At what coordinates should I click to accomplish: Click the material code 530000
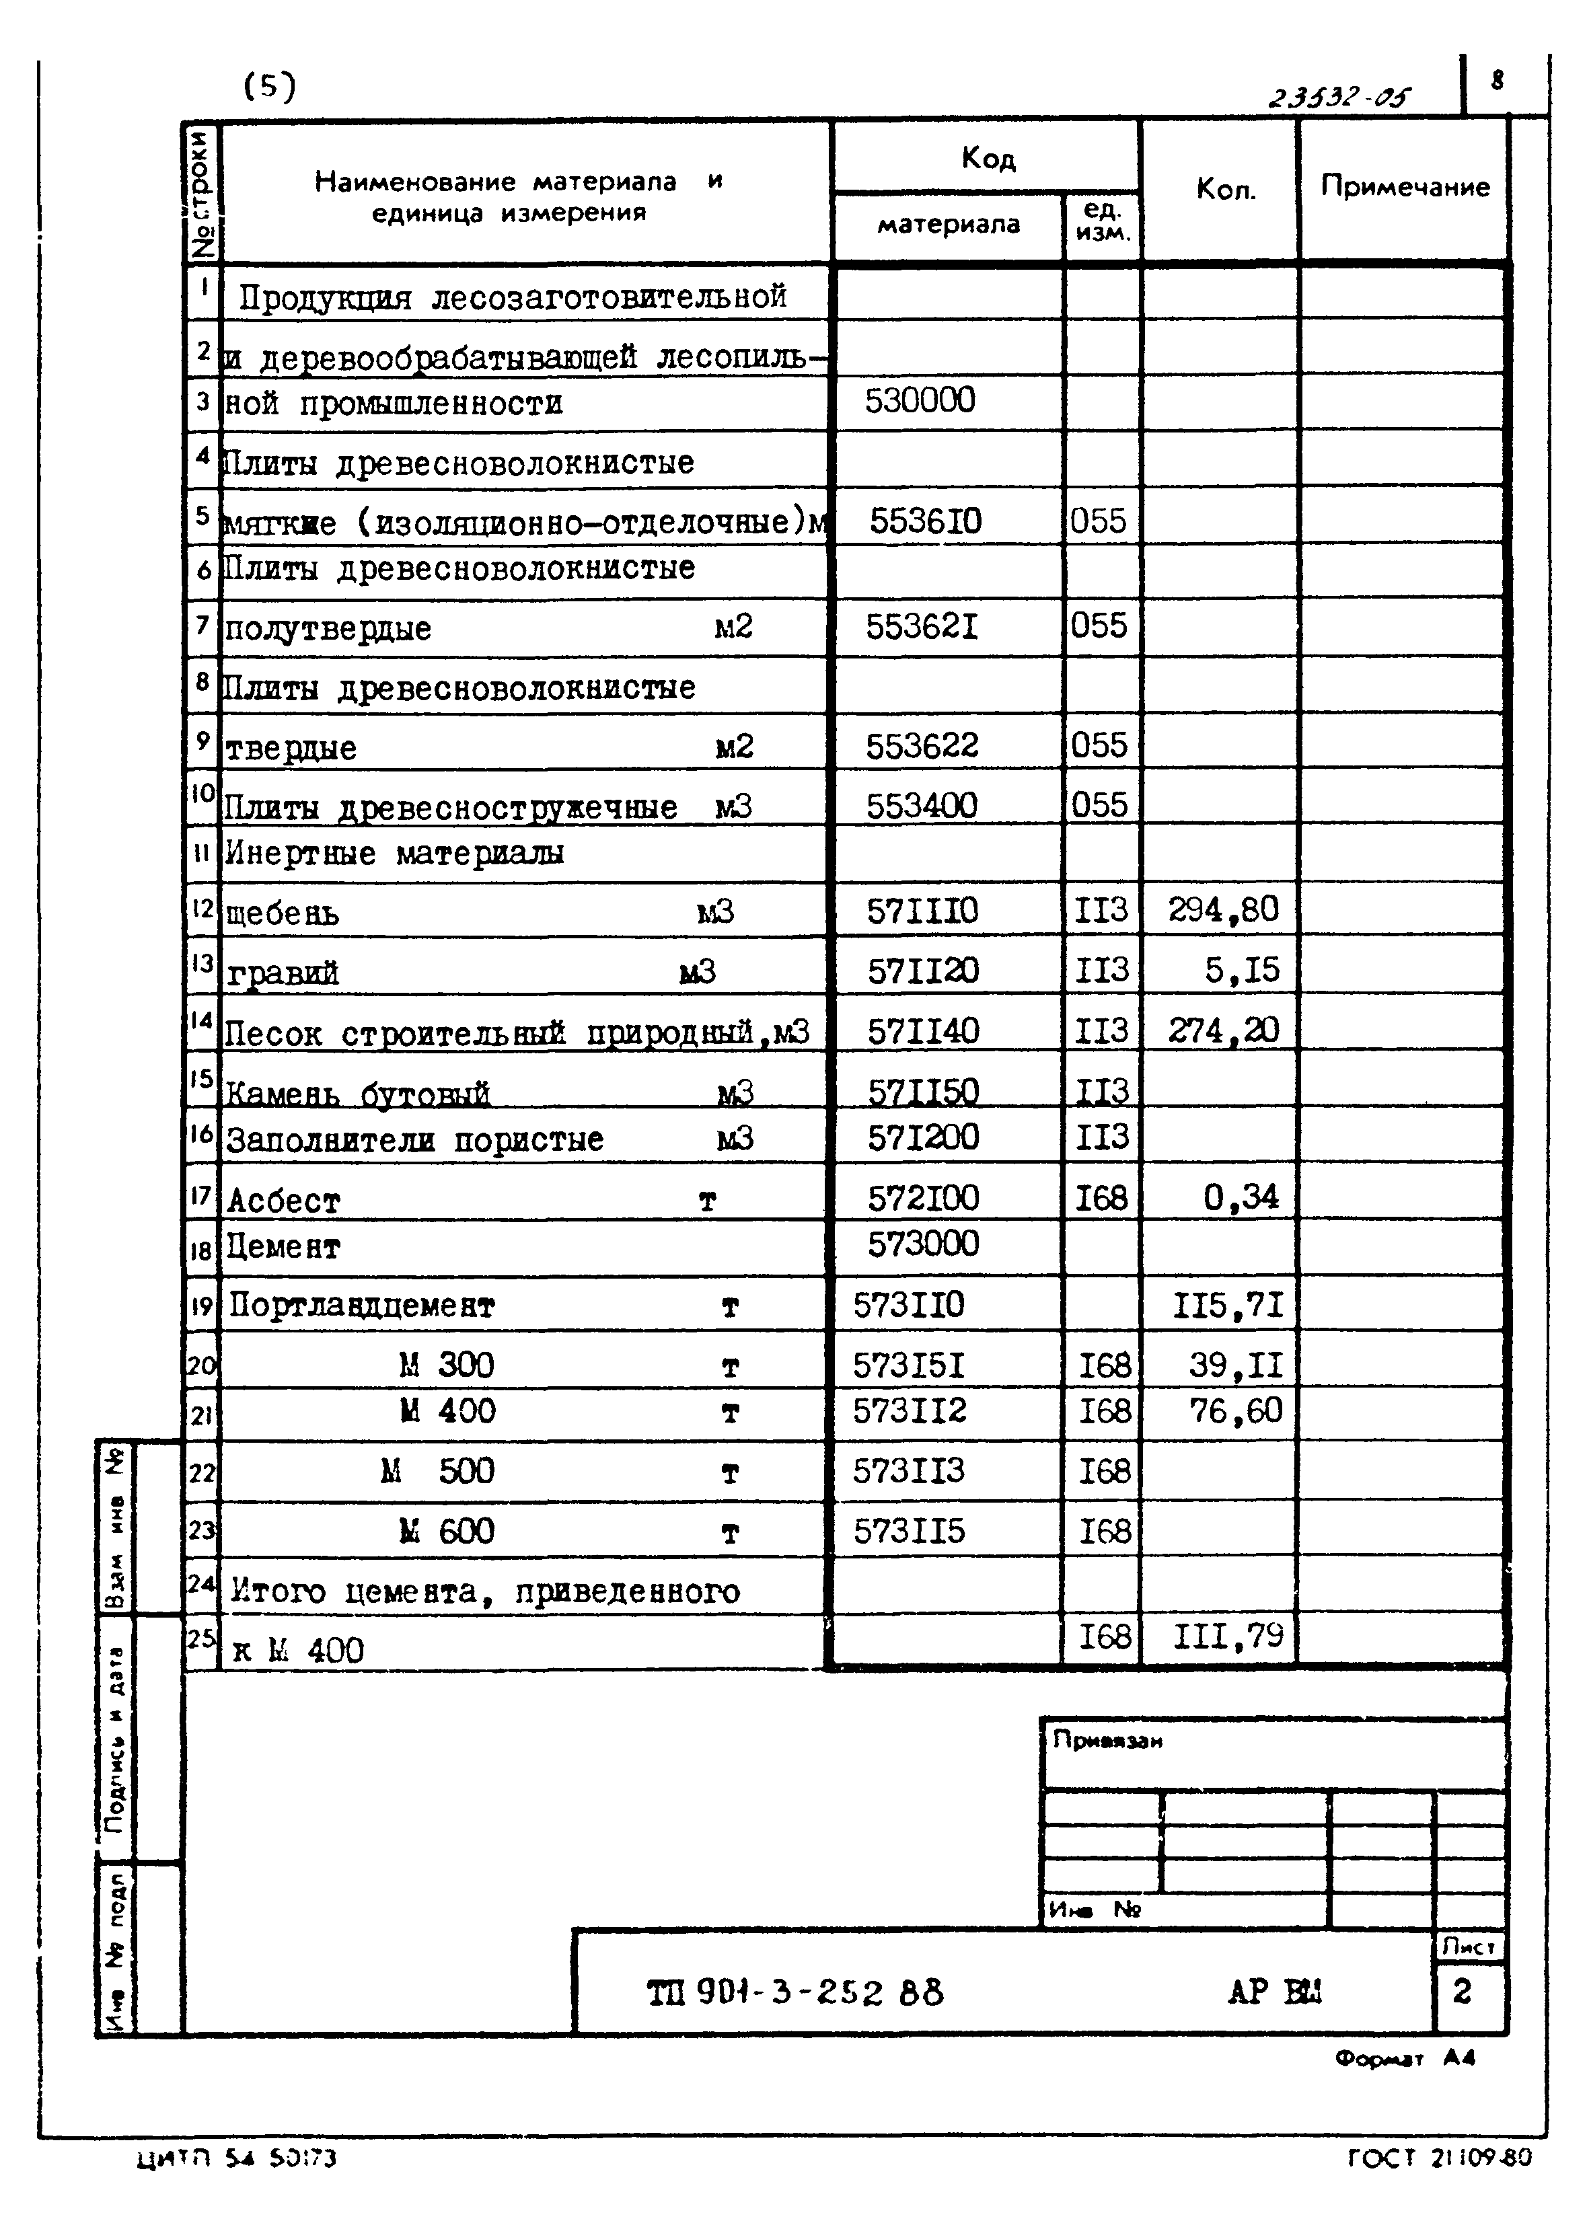coord(920,401)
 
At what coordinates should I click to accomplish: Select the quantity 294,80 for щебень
coord(1223,909)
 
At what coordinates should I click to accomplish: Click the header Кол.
coord(1226,189)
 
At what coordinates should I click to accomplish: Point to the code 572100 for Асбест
coord(923,1198)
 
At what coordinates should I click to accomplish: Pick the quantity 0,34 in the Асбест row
coord(1241,1196)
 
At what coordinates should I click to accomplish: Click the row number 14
coord(202,1021)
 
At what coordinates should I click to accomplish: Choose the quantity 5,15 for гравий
coord(1242,969)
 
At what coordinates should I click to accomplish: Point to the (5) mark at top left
coord(269,88)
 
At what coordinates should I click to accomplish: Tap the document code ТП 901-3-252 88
coord(794,1992)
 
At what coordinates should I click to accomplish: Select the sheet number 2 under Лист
coord(1462,1991)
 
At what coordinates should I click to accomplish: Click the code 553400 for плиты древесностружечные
coord(921,805)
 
